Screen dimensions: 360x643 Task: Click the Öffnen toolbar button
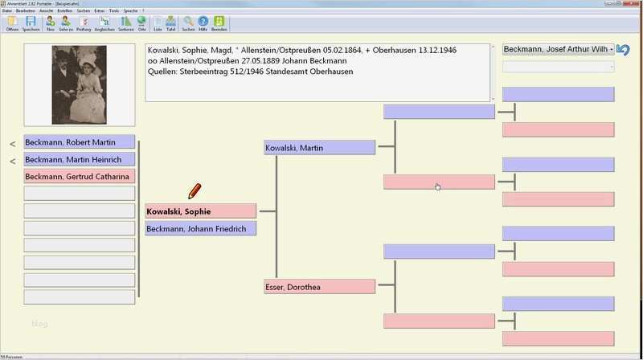click(x=12, y=23)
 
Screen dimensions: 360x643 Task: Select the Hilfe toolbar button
click(x=203, y=23)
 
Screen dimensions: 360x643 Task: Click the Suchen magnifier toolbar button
click(x=188, y=23)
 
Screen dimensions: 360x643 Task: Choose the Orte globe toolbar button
click(x=141, y=23)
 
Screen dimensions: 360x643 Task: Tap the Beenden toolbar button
click(x=219, y=23)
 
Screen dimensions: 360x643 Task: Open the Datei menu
click(x=7, y=10)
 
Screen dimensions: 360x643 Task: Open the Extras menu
click(x=99, y=10)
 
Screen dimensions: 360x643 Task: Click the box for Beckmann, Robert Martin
click(x=80, y=142)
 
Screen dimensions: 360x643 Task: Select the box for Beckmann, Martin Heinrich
click(x=80, y=159)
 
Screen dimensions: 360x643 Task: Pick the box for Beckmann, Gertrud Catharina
click(x=80, y=176)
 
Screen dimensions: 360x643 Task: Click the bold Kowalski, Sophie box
click(x=200, y=211)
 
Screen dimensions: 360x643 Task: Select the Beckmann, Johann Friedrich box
click(x=200, y=229)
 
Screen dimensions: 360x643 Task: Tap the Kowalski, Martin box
click(x=319, y=148)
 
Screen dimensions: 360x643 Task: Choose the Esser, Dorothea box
click(x=319, y=287)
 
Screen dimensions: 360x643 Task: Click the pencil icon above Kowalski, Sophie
click(x=195, y=191)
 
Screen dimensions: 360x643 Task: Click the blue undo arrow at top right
click(x=624, y=50)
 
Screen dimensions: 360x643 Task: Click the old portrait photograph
click(x=80, y=85)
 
